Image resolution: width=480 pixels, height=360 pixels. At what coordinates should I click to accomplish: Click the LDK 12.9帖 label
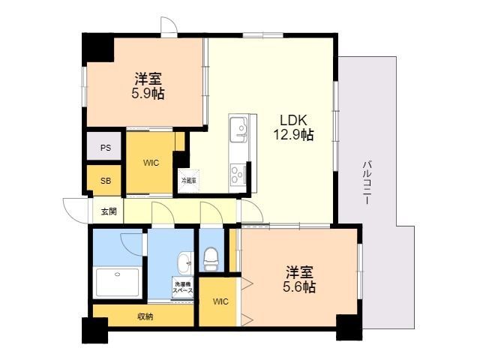(297, 127)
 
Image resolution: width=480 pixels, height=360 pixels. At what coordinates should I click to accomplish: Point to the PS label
(106, 148)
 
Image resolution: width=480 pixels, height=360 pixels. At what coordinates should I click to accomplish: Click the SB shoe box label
(106, 181)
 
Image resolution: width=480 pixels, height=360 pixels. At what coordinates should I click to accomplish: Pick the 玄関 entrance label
(109, 211)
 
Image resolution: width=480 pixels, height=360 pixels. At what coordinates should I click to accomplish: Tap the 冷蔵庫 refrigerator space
(187, 180)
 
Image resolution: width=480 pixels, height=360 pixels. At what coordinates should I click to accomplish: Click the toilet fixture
(211, 259)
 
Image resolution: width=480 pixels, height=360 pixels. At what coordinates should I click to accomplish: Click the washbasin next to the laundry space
(184, 262)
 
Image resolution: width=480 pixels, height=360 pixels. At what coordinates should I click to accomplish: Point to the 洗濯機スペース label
(184, 286)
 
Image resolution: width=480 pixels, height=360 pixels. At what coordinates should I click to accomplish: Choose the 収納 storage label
(145, 316)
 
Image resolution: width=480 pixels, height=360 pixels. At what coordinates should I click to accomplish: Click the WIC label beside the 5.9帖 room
(151, 163)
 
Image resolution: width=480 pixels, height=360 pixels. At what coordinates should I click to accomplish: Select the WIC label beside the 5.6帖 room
(220, 302)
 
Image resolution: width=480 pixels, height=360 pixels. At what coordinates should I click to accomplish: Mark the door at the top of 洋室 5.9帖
(169, 26)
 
